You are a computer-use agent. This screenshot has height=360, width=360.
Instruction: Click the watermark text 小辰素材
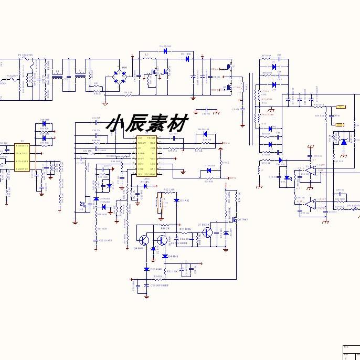(147, 124)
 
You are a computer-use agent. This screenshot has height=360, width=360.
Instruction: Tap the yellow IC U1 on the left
(22, 157)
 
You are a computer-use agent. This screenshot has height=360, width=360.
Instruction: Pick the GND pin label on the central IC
(153, 169)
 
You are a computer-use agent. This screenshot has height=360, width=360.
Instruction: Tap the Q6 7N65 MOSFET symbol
(235, 220)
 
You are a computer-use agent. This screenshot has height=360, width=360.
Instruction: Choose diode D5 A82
(175, 201)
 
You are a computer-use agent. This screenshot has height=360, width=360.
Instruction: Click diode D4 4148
(164, 257)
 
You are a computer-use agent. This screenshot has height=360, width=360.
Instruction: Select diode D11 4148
(146, 269)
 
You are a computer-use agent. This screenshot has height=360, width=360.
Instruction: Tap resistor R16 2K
(164, 229)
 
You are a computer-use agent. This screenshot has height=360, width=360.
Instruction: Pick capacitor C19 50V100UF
(146, 285)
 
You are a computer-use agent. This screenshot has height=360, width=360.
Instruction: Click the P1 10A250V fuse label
(25, 55)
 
